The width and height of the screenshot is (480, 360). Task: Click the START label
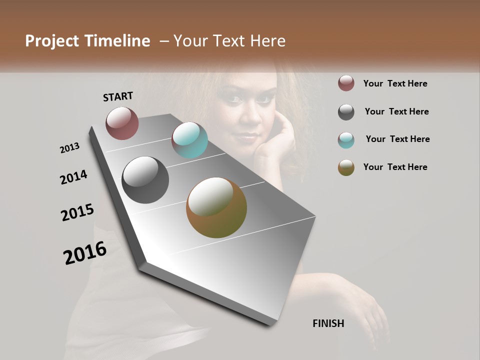[x=118, y=96]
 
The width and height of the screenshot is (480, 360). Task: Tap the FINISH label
[x=328, y=323]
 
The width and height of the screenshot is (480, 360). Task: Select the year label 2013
[x=70, y=148]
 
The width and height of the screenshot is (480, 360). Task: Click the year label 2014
[x=73, y=177]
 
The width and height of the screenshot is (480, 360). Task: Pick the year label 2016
[x=85, y=253]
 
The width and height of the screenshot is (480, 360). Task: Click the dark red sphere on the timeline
[x=122, y=123]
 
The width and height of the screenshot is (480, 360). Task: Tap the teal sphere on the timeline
[x=189, y=140]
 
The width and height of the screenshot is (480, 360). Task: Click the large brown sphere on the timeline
[x=216, y=207]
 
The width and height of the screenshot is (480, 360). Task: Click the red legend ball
[x=346, y=83]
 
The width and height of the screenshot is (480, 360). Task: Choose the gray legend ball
[x=346, y=112]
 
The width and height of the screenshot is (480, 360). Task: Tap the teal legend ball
[x=346, y=140]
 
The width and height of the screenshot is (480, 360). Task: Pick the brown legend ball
[x=346, y=167]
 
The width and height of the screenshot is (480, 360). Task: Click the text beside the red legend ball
[x=395, y=84]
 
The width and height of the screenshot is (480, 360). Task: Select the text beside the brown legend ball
[x=395, y=167]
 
